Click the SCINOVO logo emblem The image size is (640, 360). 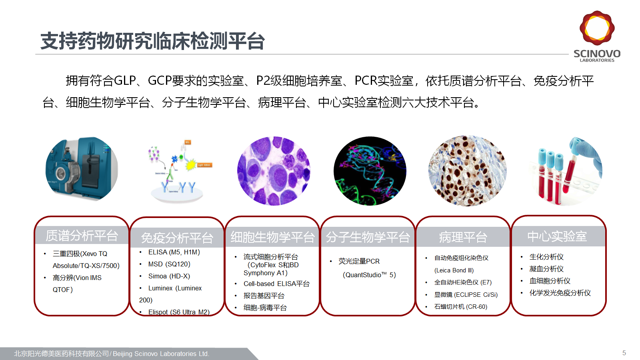597,28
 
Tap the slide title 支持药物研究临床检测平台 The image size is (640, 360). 152,41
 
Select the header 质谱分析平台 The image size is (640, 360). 82,236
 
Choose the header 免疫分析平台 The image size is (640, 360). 177,238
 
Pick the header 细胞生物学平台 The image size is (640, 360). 272,237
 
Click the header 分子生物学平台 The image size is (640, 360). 368,237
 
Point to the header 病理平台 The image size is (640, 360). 463,237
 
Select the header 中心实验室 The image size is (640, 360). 557,236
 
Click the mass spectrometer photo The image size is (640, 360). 82,169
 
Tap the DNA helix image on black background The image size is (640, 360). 370,171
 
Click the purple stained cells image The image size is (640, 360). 274,171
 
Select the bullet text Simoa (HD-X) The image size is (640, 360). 169,276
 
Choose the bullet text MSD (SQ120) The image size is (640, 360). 169,264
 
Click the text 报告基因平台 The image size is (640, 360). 264,296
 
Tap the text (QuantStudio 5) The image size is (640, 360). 369,275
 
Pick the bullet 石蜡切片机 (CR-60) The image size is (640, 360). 461,306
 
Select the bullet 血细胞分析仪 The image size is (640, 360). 550,280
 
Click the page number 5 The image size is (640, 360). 624,353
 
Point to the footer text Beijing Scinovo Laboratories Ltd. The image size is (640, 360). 161,354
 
